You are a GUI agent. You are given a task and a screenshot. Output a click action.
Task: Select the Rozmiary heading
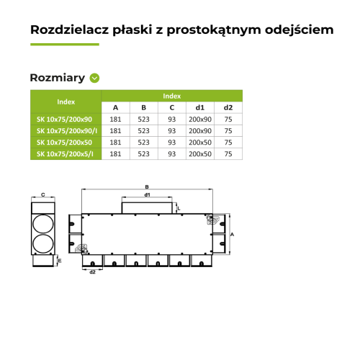[x=58, y=78]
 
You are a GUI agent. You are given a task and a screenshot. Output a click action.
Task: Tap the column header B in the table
[x=143, y=107]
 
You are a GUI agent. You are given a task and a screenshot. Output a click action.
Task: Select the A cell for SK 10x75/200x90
[x=115, y=120]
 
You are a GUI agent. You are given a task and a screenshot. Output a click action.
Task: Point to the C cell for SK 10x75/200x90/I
[x=171, y=131]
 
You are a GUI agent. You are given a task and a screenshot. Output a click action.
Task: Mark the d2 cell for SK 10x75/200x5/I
[x=228, y=153]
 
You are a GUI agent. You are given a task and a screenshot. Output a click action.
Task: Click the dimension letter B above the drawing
[x=147, y=186]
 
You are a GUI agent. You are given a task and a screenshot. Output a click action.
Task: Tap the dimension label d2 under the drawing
[x=92, y=271]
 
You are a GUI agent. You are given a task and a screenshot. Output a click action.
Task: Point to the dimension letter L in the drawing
[x=179, y=208]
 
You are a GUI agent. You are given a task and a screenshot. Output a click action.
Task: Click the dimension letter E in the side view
[x=60, y=261]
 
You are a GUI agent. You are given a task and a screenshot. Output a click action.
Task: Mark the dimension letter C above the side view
[x=43, y=194]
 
